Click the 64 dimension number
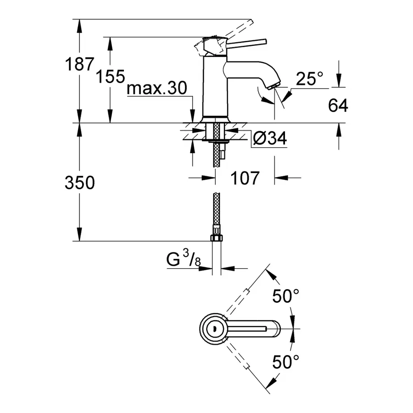pyautogui.click(x=338, y=106)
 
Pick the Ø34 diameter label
pyautogui.click(x=270, y=138)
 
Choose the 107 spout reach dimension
pyautogui.click(x=244, y=178)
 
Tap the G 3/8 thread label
pyautogui.click(x=183, y=260)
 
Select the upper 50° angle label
pyautogui.click(x=285, y=296)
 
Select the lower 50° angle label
pyautogui.click(x=285, y=362)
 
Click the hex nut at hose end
pyautogui.click(x=215, y=238)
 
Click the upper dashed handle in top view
pyautogui.click(x=243, y=294)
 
